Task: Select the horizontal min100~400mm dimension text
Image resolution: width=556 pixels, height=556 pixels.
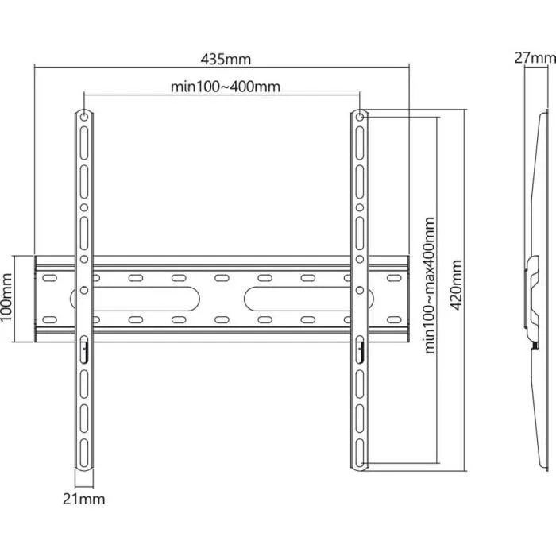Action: pyautogui.click(x=226, y=87)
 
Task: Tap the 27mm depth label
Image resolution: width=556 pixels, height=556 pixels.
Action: pyautogui.click(x=535, y=58)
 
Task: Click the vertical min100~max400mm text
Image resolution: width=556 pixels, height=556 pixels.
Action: pyautogui.click(x=429, y=285)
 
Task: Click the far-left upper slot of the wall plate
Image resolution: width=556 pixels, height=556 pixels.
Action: pyautogui.click(x=49, y=278)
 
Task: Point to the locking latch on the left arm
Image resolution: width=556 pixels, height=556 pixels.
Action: pyautogui.click(x=83, y=346)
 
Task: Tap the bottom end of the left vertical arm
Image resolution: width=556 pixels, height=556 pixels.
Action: pyautogui.click(x=84, y=463)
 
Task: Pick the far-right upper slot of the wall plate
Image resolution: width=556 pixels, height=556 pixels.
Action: pyautogui.click(x=392, y=278)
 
